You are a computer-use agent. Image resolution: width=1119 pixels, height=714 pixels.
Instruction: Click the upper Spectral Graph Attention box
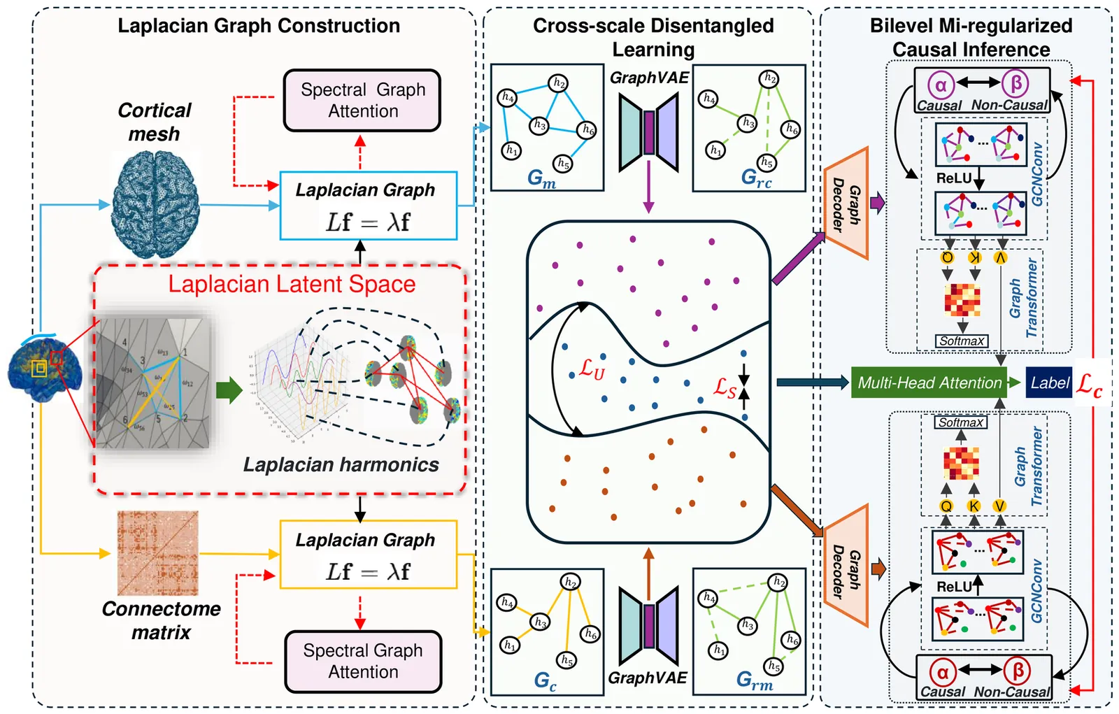362,100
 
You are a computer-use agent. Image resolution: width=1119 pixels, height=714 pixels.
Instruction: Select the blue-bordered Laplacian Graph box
368,205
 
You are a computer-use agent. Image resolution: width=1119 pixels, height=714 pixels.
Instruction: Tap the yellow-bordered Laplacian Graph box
368,555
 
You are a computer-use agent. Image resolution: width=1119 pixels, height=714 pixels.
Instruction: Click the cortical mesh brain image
155,204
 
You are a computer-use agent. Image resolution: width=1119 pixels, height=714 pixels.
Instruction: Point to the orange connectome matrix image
157,552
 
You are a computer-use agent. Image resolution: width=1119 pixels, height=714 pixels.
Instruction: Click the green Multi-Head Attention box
929,383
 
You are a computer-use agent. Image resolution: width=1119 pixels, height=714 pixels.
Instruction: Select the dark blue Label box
1048,383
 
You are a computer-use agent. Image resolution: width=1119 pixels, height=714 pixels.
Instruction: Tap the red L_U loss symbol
592,369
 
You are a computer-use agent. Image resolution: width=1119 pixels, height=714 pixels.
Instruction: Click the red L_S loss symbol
725,387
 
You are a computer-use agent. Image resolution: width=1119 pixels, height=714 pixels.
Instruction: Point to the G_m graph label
541,178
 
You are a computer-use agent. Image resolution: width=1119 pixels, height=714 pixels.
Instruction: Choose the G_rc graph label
756,178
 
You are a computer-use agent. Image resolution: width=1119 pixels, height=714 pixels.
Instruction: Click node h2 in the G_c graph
570,582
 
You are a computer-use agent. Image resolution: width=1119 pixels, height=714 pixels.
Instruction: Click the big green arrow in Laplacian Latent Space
228,390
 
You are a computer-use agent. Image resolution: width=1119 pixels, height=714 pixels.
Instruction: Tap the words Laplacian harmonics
341,464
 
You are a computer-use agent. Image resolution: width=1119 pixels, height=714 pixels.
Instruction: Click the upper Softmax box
962,341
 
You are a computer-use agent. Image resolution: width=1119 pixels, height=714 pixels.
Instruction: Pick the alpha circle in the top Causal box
941,85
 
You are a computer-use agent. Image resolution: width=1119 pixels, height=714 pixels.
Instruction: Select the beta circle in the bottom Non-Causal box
1018,671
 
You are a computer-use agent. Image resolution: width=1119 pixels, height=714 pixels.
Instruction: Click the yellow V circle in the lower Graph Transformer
999,506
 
